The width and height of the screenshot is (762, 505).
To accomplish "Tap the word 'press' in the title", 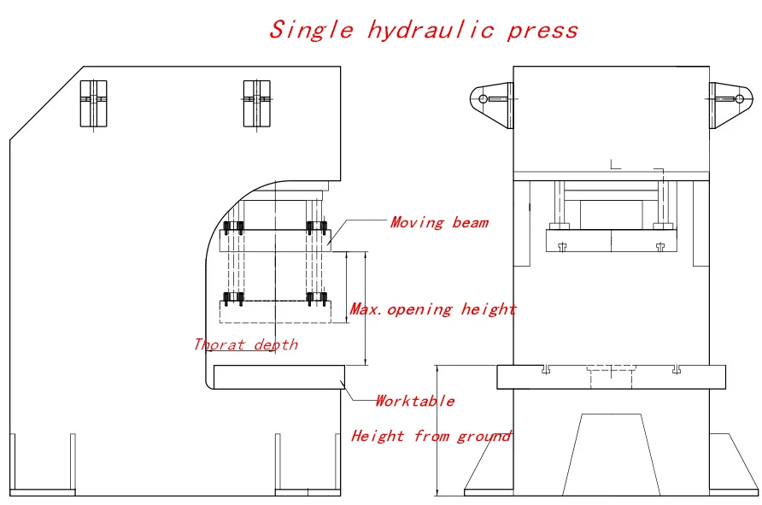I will click(x=542, y=32).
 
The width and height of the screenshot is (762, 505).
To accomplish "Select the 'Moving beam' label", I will click(x=439, y=223).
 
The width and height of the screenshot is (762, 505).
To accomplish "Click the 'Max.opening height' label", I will click(x=433, y=309).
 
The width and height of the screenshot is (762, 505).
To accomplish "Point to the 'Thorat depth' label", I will click(x=246, y=344).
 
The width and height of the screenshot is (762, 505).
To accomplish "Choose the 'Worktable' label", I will click(x=414, y=401).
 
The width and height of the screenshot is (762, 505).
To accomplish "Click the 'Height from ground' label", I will click(x=431, y=437).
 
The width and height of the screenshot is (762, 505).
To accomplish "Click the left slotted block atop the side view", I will click(x=94, y=102).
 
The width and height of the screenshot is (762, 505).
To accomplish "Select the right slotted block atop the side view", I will click(x=256, y=102).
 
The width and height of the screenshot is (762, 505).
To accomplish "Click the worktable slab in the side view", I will click(x=278, y=376).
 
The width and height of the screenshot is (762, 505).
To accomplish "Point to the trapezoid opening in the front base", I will click(x=611, y=453).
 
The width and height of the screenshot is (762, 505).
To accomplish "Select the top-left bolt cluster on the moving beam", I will click(x=233, y=228).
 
